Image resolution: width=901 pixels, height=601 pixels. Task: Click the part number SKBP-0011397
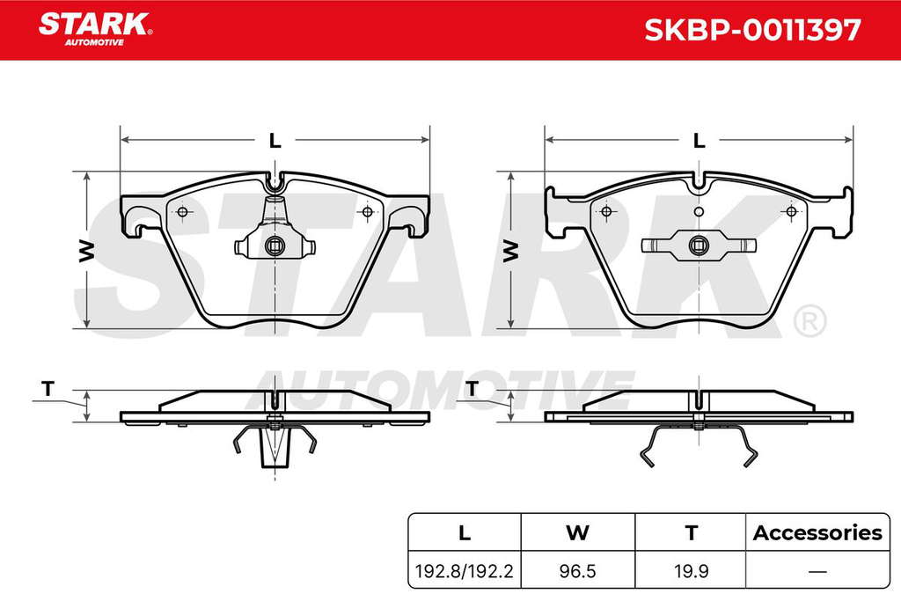pos(752,30)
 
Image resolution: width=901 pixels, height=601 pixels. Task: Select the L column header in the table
pos(465,532)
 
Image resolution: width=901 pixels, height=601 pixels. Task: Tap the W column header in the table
pos(577,532)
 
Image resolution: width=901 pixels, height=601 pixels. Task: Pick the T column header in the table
pos(692,532)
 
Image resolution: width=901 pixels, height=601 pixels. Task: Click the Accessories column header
pos(817,532)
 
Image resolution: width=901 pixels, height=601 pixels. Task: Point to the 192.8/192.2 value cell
pos(464,571)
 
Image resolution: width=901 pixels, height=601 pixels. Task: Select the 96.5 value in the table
pos(577,571)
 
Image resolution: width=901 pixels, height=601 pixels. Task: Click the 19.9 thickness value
pos(692,571)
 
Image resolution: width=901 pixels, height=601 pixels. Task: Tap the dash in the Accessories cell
pos(817,571)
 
